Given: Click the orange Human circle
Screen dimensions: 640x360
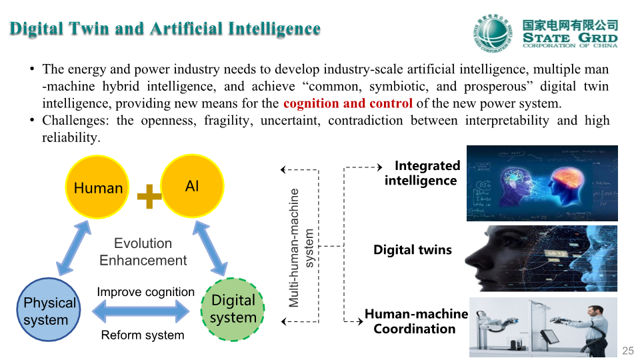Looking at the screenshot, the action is click(97, 187).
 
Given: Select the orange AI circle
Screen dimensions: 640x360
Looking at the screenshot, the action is click(192, 186).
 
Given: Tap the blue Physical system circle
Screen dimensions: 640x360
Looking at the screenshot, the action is click(49, 309).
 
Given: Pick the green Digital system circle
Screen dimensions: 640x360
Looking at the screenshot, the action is click(233, 309).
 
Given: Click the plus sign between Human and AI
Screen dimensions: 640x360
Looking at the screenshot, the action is click(149, 196).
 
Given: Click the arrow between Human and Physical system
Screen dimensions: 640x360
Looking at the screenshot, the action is click(73, 248).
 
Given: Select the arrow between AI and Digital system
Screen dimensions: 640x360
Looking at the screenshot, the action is click(210, 248).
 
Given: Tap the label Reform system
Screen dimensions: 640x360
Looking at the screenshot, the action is click(143, 335).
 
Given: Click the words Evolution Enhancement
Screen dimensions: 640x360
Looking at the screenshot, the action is click(143, 252).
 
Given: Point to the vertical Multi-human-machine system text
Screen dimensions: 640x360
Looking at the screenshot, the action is click(301, 248).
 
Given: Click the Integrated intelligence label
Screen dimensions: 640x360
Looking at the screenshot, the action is click(422, 173).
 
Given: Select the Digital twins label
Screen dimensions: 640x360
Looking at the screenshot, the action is click(413, 250).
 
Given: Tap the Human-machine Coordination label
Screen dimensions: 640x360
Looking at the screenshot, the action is click(416, 321).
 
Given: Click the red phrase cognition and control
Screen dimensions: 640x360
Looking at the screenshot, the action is click(348, 103).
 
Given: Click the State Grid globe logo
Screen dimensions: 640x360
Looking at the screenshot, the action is click(493, 33).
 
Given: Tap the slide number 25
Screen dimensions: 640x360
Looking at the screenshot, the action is click(628, 351).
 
